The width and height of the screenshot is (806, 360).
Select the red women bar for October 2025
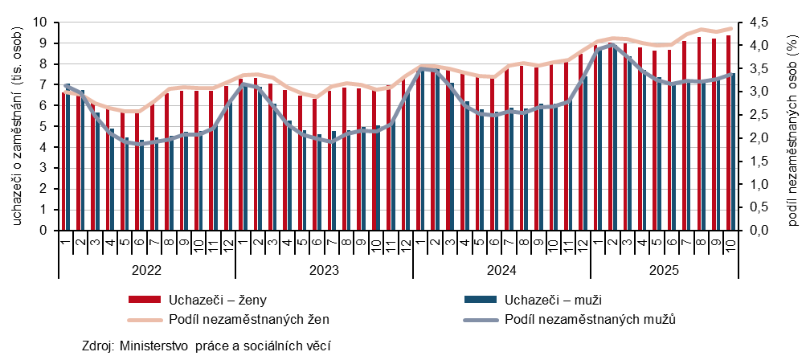(729, 133)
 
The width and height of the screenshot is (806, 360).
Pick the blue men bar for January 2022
(68, 157)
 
